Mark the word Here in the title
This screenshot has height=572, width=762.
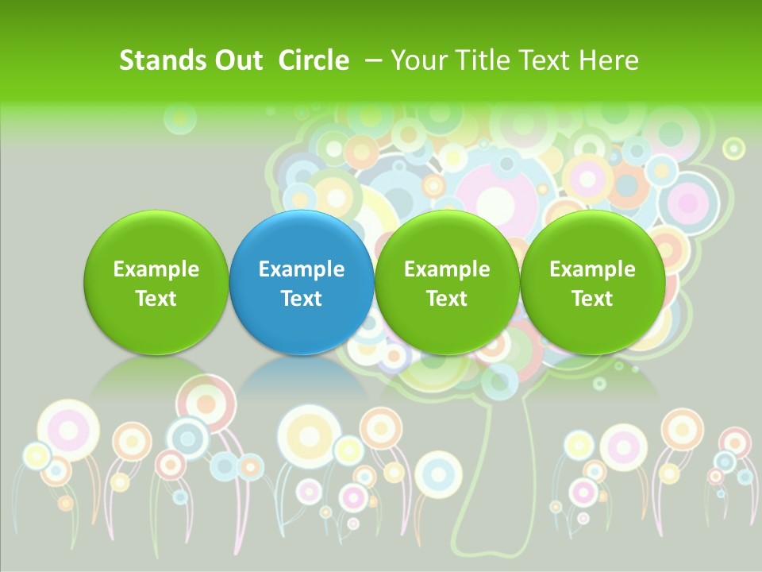coord(609,60)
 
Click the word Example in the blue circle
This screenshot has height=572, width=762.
coord(302,269)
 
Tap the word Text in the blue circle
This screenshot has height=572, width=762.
coord(302,299)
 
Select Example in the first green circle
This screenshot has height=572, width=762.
coord(156,269)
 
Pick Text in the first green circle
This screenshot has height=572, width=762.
coord(156,299)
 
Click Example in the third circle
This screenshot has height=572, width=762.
coord(447,269)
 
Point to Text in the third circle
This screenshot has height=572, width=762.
coord(447,299)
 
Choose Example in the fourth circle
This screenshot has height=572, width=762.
coord(592,269)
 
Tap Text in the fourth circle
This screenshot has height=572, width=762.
coord(592,299)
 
